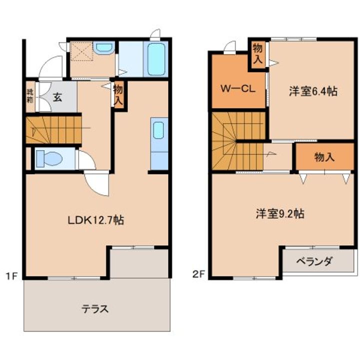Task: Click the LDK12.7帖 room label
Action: tap(96, 219)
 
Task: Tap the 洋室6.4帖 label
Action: tap(312, 91)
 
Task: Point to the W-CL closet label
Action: tap(238, 89)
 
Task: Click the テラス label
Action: tap(95, 308)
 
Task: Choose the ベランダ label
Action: tap(314, 261)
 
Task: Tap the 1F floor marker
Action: tap(12, 274)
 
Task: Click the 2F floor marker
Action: tap(198, 274)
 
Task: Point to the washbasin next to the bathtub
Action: tap(104, 48)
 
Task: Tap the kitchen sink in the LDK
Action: tap(158, 130)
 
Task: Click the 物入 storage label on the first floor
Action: tap(118, 95)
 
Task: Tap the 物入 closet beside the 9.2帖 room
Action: tap(324, 157)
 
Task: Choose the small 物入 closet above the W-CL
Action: tap(257, 54)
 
